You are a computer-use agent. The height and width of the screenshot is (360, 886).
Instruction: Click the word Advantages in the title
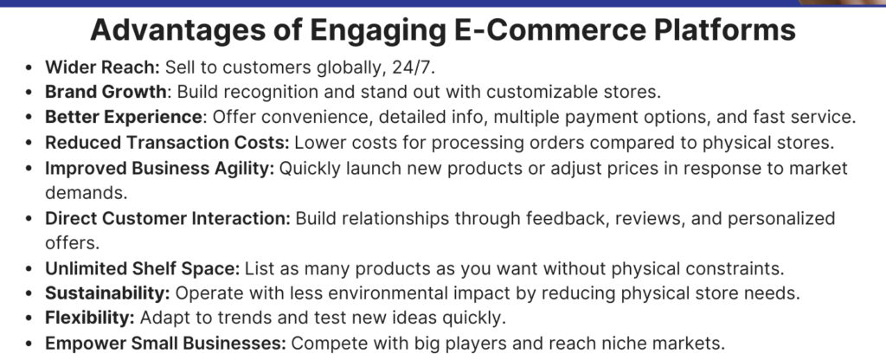(178, 30)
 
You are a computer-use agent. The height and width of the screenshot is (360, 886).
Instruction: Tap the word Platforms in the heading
(724, 29)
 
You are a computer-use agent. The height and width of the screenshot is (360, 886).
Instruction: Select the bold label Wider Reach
(103, 67)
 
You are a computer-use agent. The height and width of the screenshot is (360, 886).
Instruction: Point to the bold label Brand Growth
(106, 92)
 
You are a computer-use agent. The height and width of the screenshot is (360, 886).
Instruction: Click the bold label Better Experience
(124, 117)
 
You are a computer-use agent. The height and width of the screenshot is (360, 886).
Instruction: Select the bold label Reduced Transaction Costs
(167, 143)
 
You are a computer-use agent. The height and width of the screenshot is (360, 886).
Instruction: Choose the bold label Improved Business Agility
(160, 169)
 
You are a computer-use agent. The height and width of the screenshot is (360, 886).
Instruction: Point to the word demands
(87, 193)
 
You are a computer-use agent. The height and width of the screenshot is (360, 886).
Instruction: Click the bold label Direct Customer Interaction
(168, 218)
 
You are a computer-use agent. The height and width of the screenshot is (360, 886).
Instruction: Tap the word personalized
(781, 219)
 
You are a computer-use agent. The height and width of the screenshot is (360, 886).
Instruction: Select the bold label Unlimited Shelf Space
(143, 268)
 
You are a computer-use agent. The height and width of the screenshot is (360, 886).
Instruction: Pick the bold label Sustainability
(107, 293)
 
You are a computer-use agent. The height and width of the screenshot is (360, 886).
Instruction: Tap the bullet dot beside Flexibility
(29, 318)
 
